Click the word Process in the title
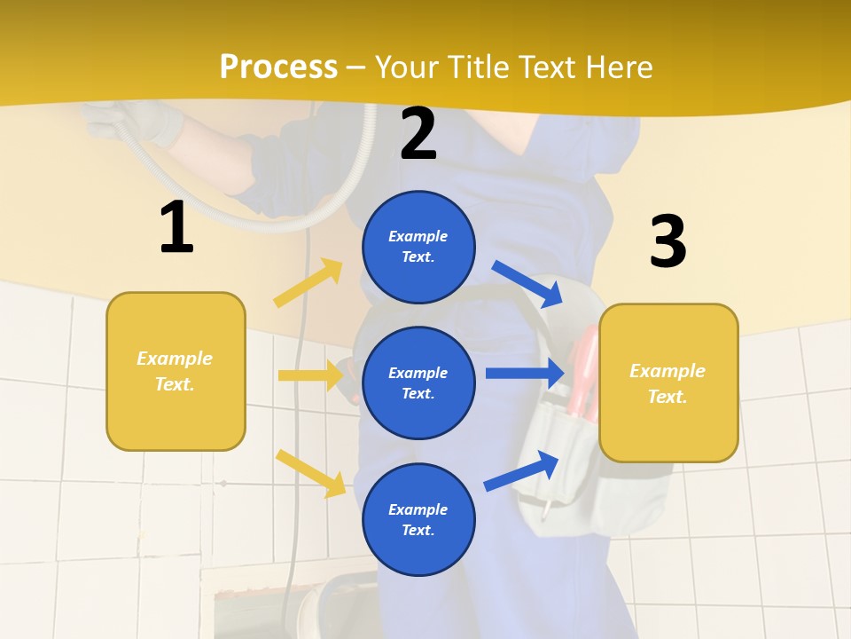click(x=278, y=67)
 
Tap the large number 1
click(x=176, y=228)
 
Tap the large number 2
click(x=418, y=134)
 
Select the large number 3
click(x=668, y=241)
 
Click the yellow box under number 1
click(x=176, y=371)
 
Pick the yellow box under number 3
click(x=668, y=383)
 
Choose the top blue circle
click(x=418, y=247)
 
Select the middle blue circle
click(x=418, y=383)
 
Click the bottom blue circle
click(x=418, y=519)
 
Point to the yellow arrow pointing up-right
click(x=308, y=283)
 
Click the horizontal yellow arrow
click(x=311, y=375)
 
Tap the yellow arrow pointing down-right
click(x=311, y=472)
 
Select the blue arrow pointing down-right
click(x=528, y=284)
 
